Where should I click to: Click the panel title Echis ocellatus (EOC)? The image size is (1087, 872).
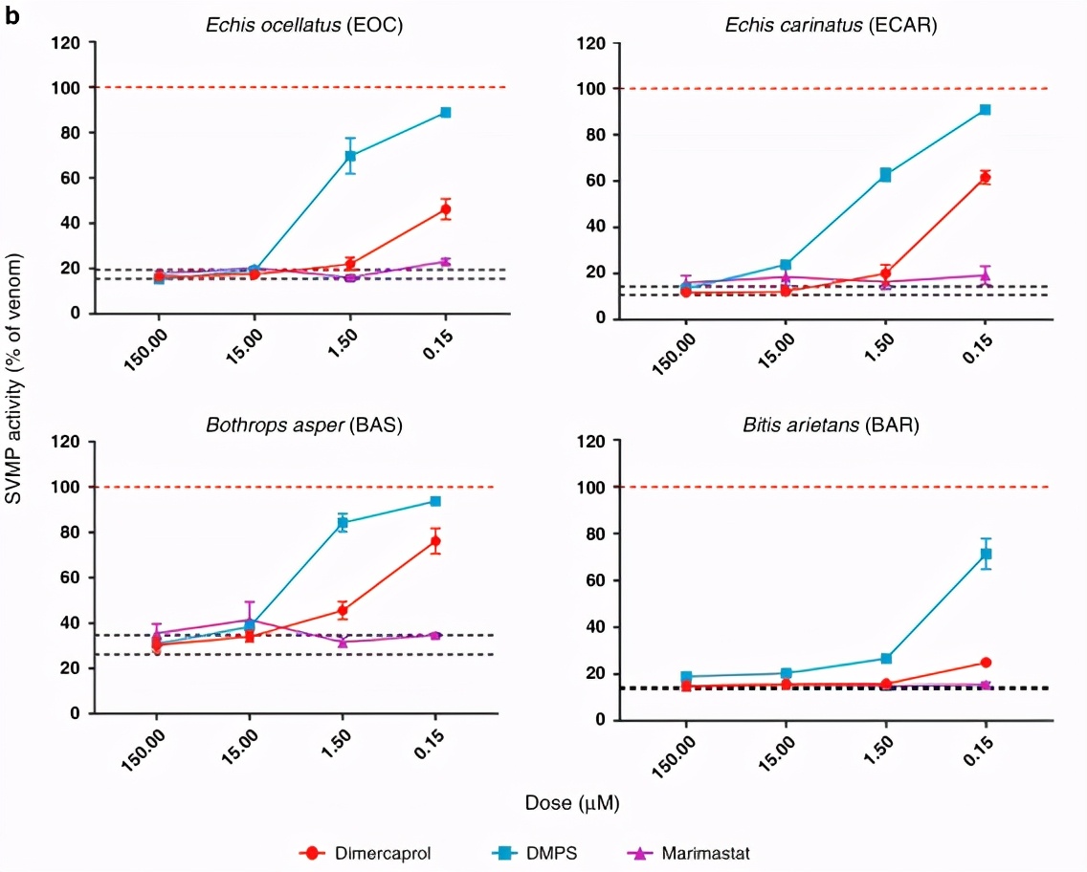pos(303,26)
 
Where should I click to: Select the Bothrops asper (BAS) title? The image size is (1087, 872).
pos(304,425)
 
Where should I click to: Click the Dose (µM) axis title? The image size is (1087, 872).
pos(571,803)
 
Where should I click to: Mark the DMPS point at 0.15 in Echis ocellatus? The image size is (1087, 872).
pos(446,113)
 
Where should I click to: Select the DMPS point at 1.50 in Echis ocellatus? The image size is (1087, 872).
pos(350,155)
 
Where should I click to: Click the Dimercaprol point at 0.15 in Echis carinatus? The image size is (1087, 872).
pos(985,178)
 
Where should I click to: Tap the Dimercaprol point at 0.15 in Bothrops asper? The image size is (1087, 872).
pos(435,541)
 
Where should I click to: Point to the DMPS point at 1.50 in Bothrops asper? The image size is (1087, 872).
pos(342,523)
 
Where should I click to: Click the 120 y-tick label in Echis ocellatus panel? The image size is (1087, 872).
pos(67,43)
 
